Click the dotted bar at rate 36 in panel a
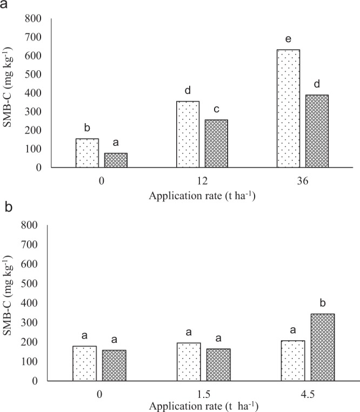288,109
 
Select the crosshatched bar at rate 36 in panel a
317,131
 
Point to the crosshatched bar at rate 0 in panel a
116,160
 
